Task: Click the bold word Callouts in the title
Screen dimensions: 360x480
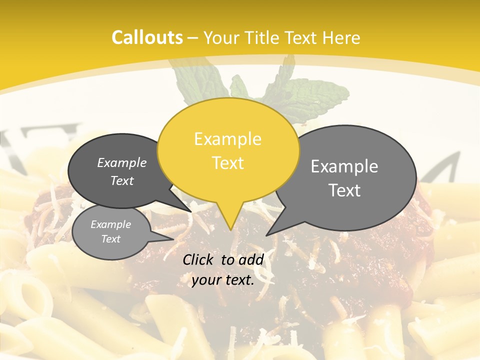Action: pyautogui.click(x=147, y=37)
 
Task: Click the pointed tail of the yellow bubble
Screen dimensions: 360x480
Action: pyautogui.click(x=229, y=222)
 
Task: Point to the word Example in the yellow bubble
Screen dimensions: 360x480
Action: pyautogui.click(x=227, y=138)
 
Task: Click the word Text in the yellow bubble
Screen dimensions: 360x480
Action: pyautogui.click(x=228, y=163)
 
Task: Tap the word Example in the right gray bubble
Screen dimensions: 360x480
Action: pyautogui.click(x=344, y=166)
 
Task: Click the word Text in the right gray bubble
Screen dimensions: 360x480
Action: pyautogui.click(x=344, y=190)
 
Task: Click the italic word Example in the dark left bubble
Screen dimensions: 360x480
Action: pyautogui.click(x=122, y=162)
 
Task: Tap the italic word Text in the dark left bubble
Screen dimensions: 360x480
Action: pyautogui.click(x=122, y=180)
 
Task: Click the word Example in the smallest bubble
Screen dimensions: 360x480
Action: pyautogui.click(x=111, y=224)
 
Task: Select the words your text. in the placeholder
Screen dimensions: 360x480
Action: pyautogui.click(x=223, y=280)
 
